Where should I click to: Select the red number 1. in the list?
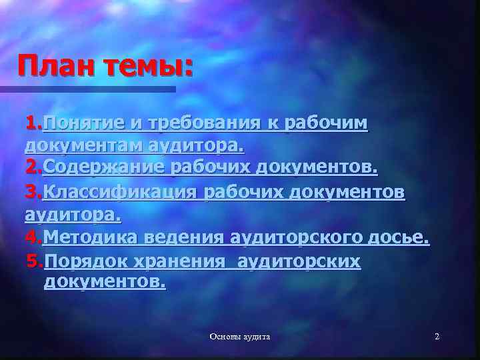click(33, 123)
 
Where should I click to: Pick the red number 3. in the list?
click(33, 192)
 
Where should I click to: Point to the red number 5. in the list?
click(35, 261)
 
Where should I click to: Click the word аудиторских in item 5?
click(297, 261)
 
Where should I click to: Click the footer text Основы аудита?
click(239, 337)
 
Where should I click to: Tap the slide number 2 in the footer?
click(437, 337)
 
